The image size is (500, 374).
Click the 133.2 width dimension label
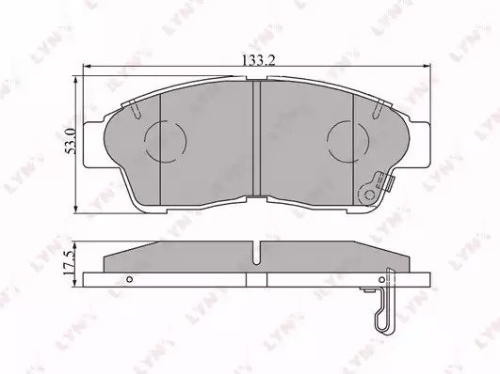point(259,60)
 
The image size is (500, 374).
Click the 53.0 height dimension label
point(71,141)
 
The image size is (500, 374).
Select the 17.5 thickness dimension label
point(69,262)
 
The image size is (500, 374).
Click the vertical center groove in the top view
point(257,138)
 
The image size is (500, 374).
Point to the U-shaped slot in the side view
point(256,253)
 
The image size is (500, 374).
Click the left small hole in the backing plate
point(129,279)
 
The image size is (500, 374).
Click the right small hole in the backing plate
point(381,280)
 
